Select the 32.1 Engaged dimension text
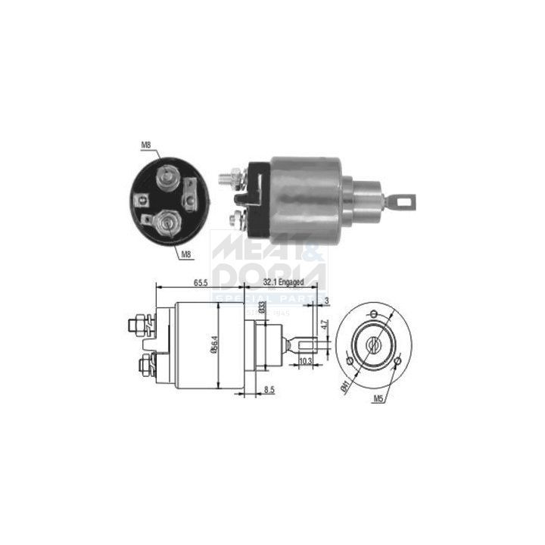click(282, 282)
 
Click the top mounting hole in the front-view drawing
click(374, 313)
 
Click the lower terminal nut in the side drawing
click(143, 366)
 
